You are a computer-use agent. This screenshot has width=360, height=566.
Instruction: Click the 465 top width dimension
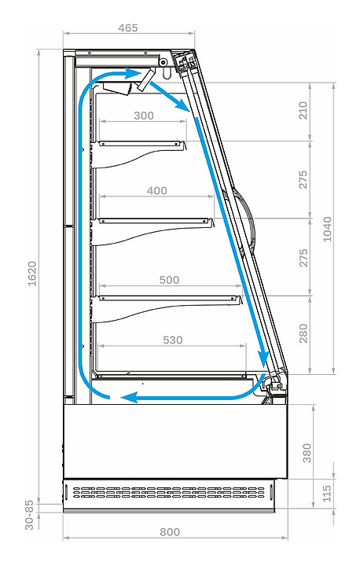tap(128, 28)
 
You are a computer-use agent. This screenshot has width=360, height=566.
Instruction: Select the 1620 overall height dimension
tap(32, 274)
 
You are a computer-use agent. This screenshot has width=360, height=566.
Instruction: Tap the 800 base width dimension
tap(170, 532)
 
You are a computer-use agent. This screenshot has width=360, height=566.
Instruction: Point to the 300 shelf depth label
tap(144, 116)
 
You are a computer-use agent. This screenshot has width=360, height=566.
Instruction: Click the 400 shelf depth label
tap(156, 190)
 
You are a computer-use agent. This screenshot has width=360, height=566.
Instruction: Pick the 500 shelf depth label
tap(169, 280)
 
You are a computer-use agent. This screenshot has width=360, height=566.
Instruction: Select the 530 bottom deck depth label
tap(173, 340)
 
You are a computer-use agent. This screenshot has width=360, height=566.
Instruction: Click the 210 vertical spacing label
tap(303, 110)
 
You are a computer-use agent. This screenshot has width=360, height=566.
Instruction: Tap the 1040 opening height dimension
tap(327, 229)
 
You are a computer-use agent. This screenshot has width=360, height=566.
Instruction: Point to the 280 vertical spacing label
tap(303, 333)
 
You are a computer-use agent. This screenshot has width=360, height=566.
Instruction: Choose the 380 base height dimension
tap(307, 453)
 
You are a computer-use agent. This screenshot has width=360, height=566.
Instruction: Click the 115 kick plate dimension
tap(327, 493)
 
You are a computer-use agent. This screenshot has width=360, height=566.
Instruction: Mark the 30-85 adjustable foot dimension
tap(29, 515)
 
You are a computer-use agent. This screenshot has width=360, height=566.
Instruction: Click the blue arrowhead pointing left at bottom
tap(129, 398)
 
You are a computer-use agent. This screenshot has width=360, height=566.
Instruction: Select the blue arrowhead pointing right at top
tap(134, 74)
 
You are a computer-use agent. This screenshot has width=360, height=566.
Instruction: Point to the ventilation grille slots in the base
tap(169, 492)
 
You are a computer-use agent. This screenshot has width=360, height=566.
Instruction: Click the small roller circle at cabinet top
tap(163, 62)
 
